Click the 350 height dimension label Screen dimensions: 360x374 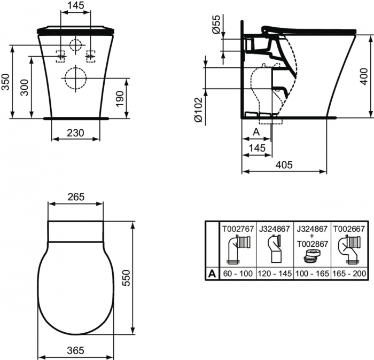(5, 81)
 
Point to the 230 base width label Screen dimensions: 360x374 (76, 133)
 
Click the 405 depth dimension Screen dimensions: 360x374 (284, 165)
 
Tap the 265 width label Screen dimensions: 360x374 (76, 197)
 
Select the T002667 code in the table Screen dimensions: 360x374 (349, 228)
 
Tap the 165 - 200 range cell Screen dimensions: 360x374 (349, 273)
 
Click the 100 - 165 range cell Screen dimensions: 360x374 (313, 273)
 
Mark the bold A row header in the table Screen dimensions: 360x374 (212, 273)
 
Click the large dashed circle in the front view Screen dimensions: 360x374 (75, 78)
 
